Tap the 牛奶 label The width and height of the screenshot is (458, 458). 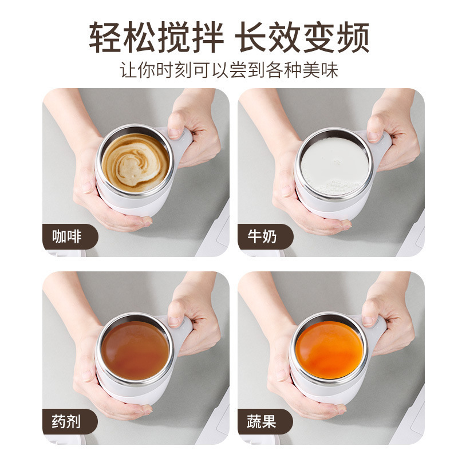point(262,236)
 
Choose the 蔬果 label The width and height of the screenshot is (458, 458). point(262,422)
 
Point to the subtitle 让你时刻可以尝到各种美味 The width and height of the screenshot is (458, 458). point(229,70)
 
